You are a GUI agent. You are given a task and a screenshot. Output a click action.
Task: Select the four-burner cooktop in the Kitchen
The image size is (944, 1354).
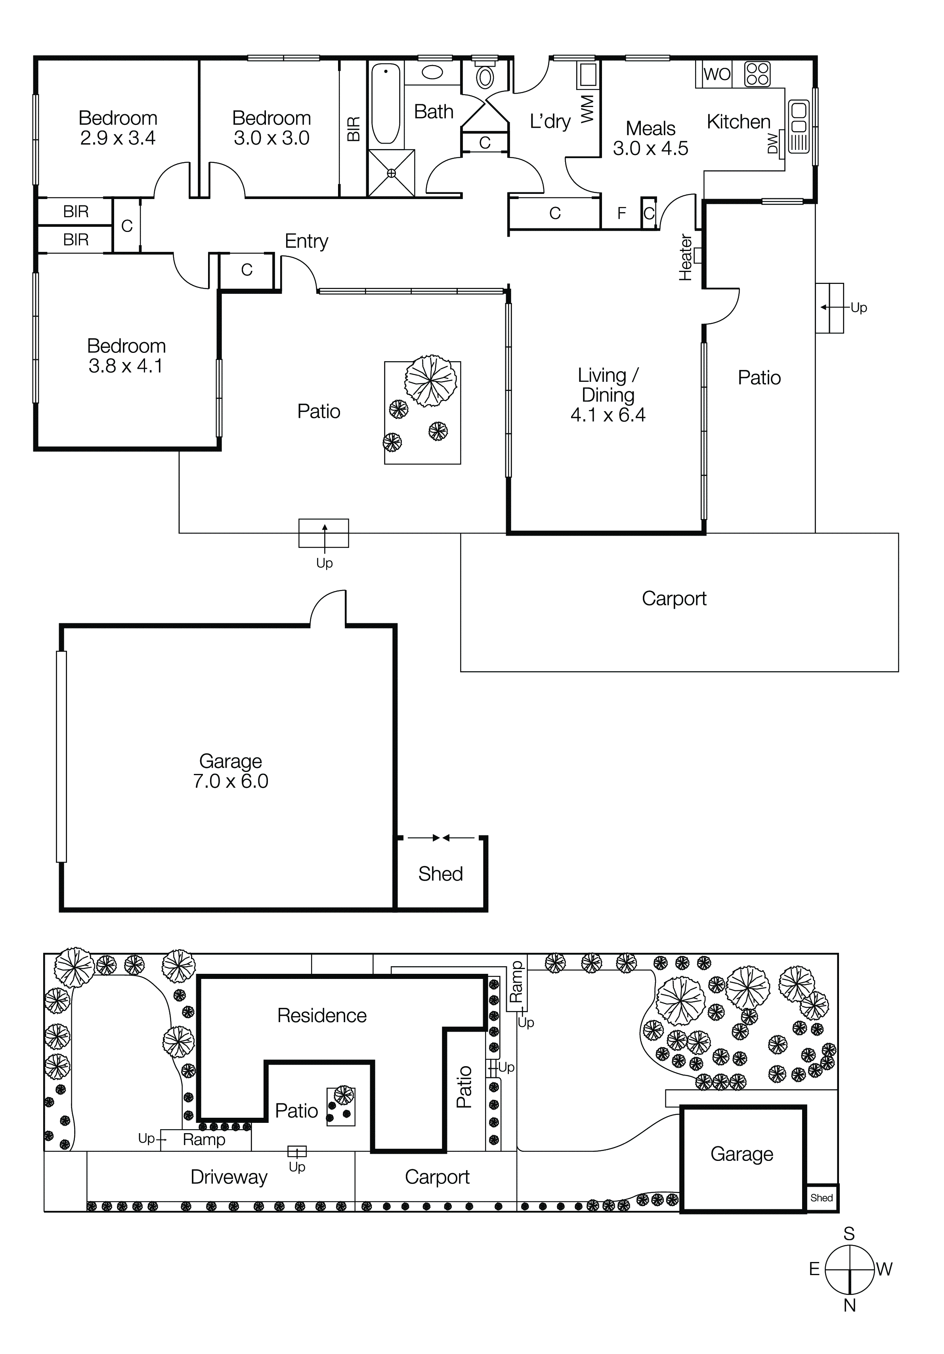tap(757, 74)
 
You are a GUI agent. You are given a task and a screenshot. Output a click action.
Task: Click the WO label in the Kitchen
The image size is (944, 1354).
tap(717, 74)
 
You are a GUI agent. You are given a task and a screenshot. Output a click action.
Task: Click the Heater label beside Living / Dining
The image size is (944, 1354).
tap(685, 258)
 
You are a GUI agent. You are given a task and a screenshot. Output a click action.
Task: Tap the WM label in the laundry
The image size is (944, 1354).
tap(588, 109)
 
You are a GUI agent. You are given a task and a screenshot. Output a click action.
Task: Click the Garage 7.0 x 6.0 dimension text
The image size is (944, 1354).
tap(231, 781)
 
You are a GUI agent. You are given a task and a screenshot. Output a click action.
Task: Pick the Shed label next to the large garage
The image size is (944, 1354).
tap(440, 873)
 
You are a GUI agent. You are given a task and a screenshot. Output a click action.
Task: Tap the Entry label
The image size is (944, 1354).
tap(306, 241)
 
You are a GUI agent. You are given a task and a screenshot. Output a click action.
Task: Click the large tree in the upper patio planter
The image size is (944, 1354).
tap(430, 380)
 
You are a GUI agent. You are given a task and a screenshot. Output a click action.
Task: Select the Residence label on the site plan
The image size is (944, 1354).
tap(322, 1015)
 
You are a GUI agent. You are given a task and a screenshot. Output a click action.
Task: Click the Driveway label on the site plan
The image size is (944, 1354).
tap(229, 1177)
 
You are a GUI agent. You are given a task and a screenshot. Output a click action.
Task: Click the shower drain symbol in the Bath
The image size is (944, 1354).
tap(392, 173)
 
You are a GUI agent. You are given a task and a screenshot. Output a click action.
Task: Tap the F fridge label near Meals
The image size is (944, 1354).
tap(621, 213)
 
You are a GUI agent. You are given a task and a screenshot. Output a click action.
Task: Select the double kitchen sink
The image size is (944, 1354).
tap(799, 118)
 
